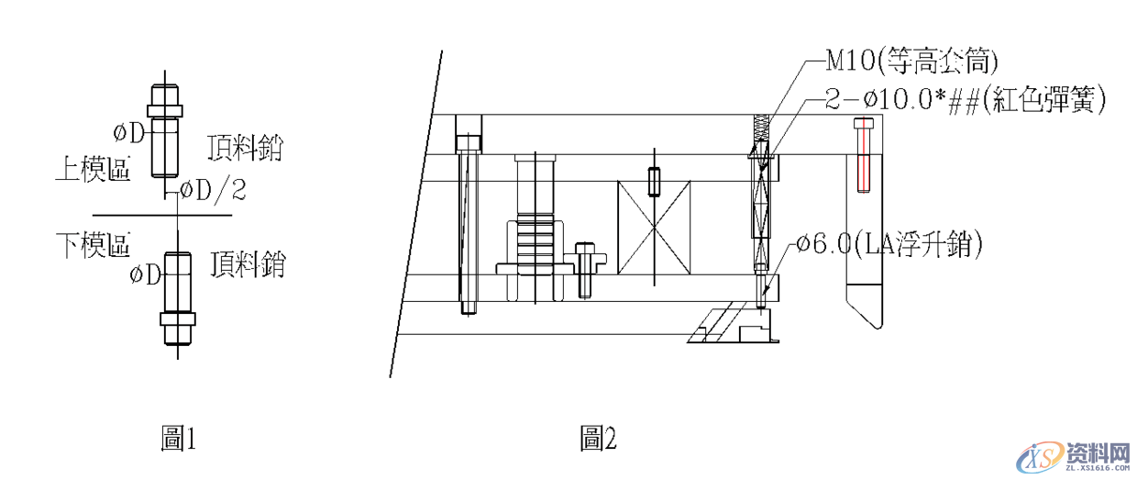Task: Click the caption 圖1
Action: (178, 439)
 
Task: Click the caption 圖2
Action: (599, 439)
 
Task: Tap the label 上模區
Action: (94, 169)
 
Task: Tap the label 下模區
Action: (94, 245)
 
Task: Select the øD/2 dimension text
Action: (213, 191)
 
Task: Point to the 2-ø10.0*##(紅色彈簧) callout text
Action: (965, 99)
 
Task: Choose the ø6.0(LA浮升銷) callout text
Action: (889, 244)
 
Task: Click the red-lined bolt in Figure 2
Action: (864, 155)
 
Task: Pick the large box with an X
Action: (654, 228)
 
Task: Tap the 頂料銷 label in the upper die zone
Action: (245, 148)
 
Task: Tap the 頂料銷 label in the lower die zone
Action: (248, 264)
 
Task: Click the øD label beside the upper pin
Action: (129, 134)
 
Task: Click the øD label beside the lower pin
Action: (145, 274)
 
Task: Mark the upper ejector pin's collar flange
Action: (165, 111)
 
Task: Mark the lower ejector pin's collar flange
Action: (178, 319)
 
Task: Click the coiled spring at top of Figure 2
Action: (761, 129)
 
